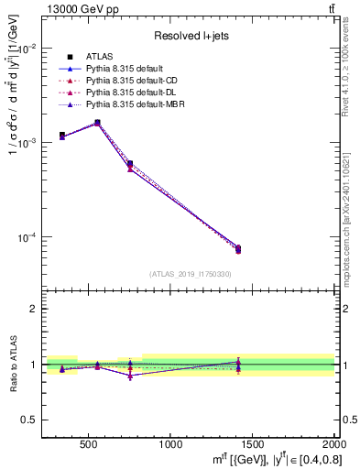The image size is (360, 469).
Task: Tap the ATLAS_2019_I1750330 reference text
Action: tap(190, 274)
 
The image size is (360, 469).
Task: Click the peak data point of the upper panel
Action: tap(97, 122)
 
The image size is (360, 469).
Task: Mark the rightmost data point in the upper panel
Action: tap(238, 248)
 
